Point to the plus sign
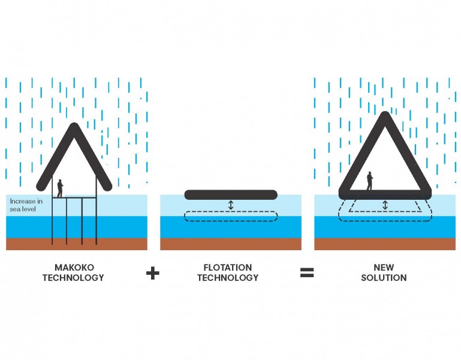coord(153,273)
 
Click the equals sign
coord(307,273)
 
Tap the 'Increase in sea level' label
coord(26,205)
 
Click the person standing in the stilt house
coord(60,188)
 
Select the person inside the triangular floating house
coord(370,181)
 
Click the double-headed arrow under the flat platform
coord(231,205)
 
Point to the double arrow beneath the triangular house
coord(385,205)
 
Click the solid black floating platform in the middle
coord(231,194)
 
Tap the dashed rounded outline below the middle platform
coord(231,217)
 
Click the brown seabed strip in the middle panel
coord(231,244)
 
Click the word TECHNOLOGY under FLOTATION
coord(228,278)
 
